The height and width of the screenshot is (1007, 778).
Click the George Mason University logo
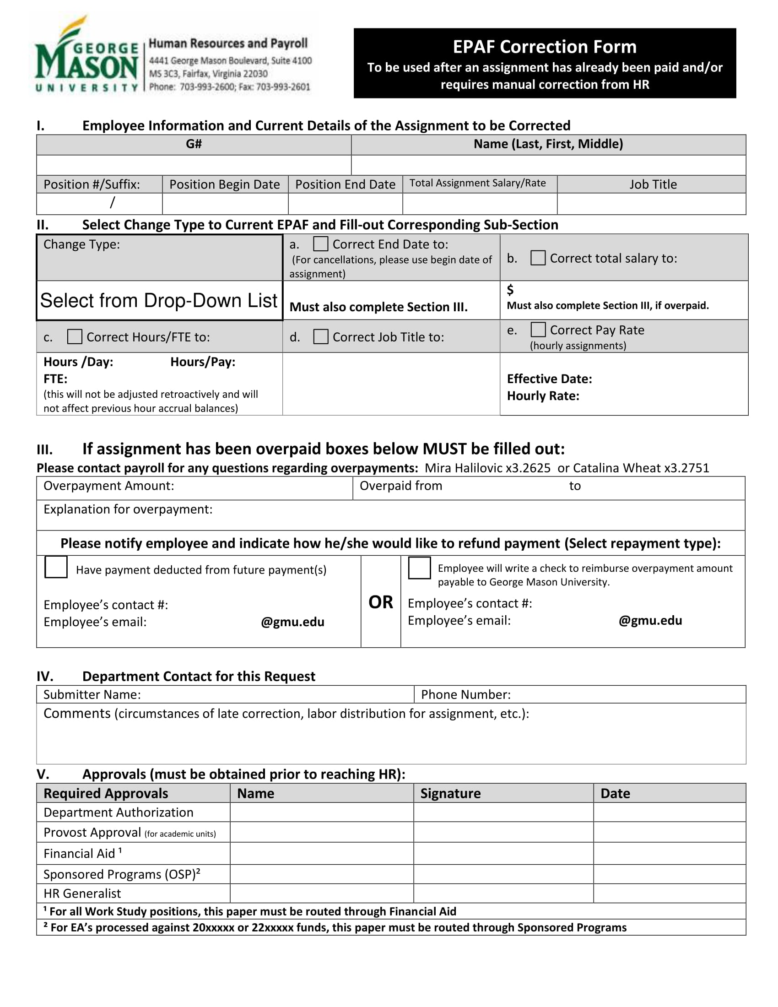tap(86, 55)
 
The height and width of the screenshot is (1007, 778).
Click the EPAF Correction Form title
tap(544, 47)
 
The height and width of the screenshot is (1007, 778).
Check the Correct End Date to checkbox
tap(320, 244)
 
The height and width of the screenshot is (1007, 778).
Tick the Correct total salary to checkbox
tap(537, 258)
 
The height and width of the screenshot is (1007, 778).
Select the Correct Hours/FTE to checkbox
tap(75, 336)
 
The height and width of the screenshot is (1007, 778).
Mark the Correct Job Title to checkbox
tap(320, 336)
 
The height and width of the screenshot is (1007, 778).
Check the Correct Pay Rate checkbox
tap(538, 330)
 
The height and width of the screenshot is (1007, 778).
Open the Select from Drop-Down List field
tap(159, 301)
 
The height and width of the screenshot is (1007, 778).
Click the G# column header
tap(194, 144)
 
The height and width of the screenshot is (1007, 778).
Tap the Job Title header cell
tap(653, 184)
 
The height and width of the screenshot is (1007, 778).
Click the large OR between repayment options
tap(380, 602)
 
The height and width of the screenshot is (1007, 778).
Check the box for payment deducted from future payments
tap(56, 567)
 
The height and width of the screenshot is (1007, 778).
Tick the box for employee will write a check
tap(419, 568)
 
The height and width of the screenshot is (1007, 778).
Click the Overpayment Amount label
tap(109, 486)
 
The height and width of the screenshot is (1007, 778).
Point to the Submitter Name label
tap(92, 695)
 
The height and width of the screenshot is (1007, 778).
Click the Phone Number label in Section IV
tap(465, 695)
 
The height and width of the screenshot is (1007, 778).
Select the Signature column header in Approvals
tap(450, 794)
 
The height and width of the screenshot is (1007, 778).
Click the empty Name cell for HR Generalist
tap(321, 893)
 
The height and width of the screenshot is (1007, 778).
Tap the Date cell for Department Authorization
tap(669, 812)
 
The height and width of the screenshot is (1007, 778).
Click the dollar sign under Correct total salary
tap(510, 290)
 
